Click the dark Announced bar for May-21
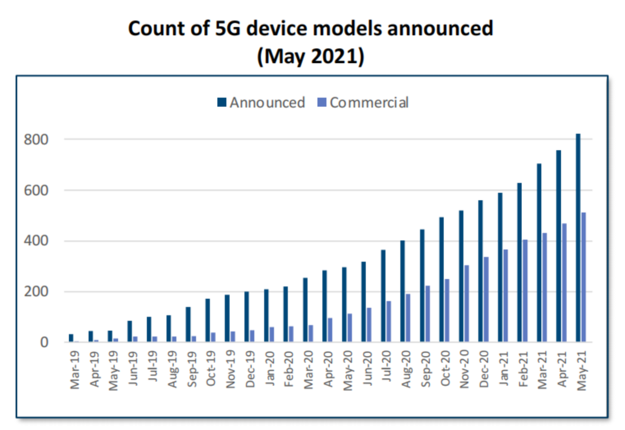point(578,238)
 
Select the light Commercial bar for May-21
point(584,277)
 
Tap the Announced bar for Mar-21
point(539,253)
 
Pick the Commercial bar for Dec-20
point(486,300)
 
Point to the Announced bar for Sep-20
point(422,286)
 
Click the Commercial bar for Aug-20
point(408,318)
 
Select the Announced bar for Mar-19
point(71,338)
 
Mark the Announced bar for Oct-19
point(208,320)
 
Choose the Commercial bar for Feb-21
point(525,291)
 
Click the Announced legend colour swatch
point(222,102)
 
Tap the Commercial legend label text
point(369,103)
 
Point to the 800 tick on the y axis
point(36,140)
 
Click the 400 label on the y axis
point(36,241)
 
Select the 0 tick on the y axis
point(44,342)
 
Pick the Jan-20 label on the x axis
point(269,368)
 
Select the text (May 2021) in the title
point(310,56)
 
